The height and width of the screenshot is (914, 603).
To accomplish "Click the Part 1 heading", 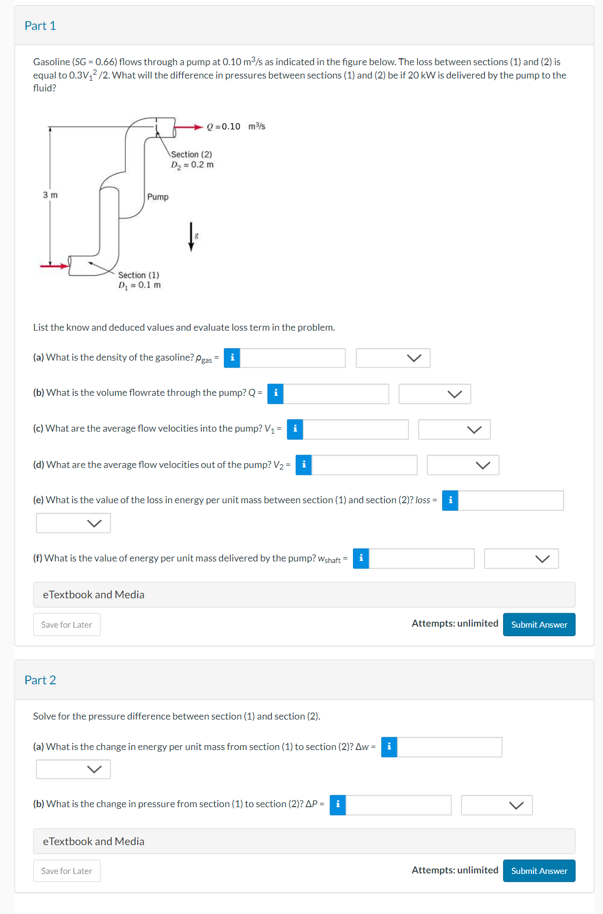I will (x=40, y=26).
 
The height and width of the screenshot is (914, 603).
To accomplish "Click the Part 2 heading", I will (x=40, y=680).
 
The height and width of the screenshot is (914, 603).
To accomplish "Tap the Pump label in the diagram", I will (x=158, y=197).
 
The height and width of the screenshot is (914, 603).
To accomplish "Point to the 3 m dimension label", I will (x=50, y=195).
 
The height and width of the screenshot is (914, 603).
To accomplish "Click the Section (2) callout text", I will (x=191, y=154).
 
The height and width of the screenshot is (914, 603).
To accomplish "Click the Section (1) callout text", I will (x=138, y=275).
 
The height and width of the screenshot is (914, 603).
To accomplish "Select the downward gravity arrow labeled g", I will (x=191, y=237).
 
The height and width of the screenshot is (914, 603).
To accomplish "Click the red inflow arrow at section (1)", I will (x=54, y=265).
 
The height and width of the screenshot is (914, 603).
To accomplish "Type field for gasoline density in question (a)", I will (x=292, y=358).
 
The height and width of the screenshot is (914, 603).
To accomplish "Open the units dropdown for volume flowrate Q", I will (x=434, y=394).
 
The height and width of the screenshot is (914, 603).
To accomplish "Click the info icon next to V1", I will (x=295, y=429).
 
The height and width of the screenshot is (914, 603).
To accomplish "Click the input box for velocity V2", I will (x=364, y=465).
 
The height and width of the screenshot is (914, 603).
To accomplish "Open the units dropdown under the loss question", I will (x=73, y=523).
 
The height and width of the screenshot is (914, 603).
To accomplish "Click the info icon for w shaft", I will (x=361, y=558).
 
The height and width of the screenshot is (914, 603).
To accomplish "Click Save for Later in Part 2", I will (x=67, y=871).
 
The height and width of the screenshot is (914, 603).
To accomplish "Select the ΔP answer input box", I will (x=398, y=805).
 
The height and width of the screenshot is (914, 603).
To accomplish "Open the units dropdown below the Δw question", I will (x=73, y=769).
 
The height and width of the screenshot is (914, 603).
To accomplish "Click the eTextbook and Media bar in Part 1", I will (x=304, y=595).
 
